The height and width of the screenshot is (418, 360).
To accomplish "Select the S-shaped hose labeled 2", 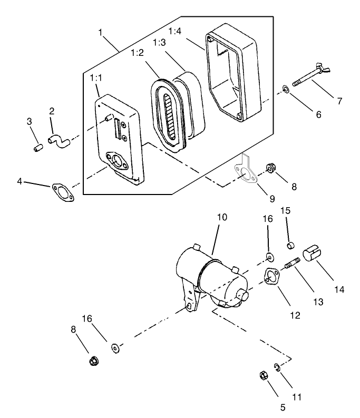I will (59, 140).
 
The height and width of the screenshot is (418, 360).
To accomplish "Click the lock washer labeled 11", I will (277, 367).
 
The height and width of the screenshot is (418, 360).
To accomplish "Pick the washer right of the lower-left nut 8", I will (115, 348).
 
